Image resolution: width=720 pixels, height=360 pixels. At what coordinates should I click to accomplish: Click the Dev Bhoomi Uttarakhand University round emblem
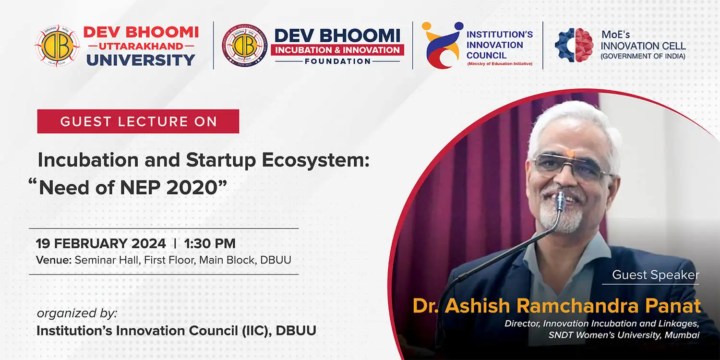coord(57,46)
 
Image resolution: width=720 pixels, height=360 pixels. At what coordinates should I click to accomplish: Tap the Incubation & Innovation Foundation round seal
coord(245,45)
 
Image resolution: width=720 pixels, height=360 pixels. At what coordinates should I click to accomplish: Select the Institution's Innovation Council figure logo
coord(443,45)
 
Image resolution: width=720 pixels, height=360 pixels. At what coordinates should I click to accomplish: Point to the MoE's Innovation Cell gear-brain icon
coord(574,45)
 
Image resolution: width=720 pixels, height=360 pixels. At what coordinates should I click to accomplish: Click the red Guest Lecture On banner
coord(138,121)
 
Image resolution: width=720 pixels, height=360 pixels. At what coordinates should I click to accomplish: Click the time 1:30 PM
coord(210,243)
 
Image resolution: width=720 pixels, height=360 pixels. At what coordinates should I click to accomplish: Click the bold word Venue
coord(54,260)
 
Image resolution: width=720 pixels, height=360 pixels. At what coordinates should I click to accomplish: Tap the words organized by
coord(77,313)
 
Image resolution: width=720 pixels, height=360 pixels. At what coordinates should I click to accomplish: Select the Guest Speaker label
coord(656,275)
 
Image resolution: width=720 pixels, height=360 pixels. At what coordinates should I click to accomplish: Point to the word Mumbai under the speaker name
coord(682,335)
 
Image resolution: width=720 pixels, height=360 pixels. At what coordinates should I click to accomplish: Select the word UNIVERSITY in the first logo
coord(141,60)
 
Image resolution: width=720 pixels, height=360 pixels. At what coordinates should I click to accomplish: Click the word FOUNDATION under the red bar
coord(337,61)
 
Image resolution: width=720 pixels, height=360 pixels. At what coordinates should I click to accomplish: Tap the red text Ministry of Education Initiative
coord(500,64)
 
